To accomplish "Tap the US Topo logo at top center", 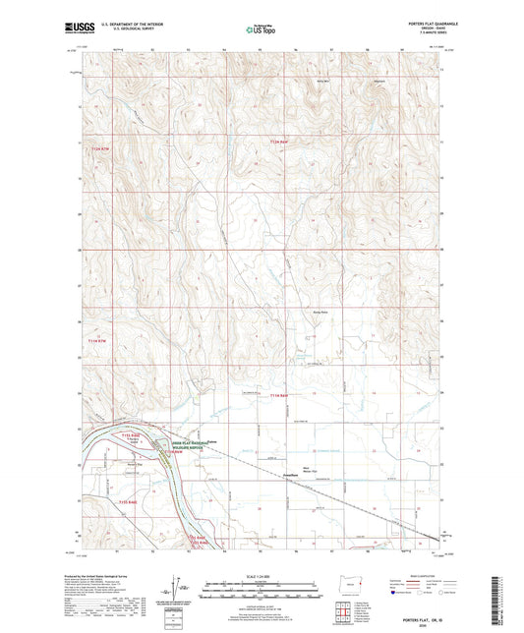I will (x=262, y=29).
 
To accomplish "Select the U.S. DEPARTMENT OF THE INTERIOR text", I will (x=135, y=25).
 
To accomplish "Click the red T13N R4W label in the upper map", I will (x=280, y=144).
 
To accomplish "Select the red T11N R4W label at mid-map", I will (x=257, y=395).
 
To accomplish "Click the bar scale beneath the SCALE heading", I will (x=262, y=593).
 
